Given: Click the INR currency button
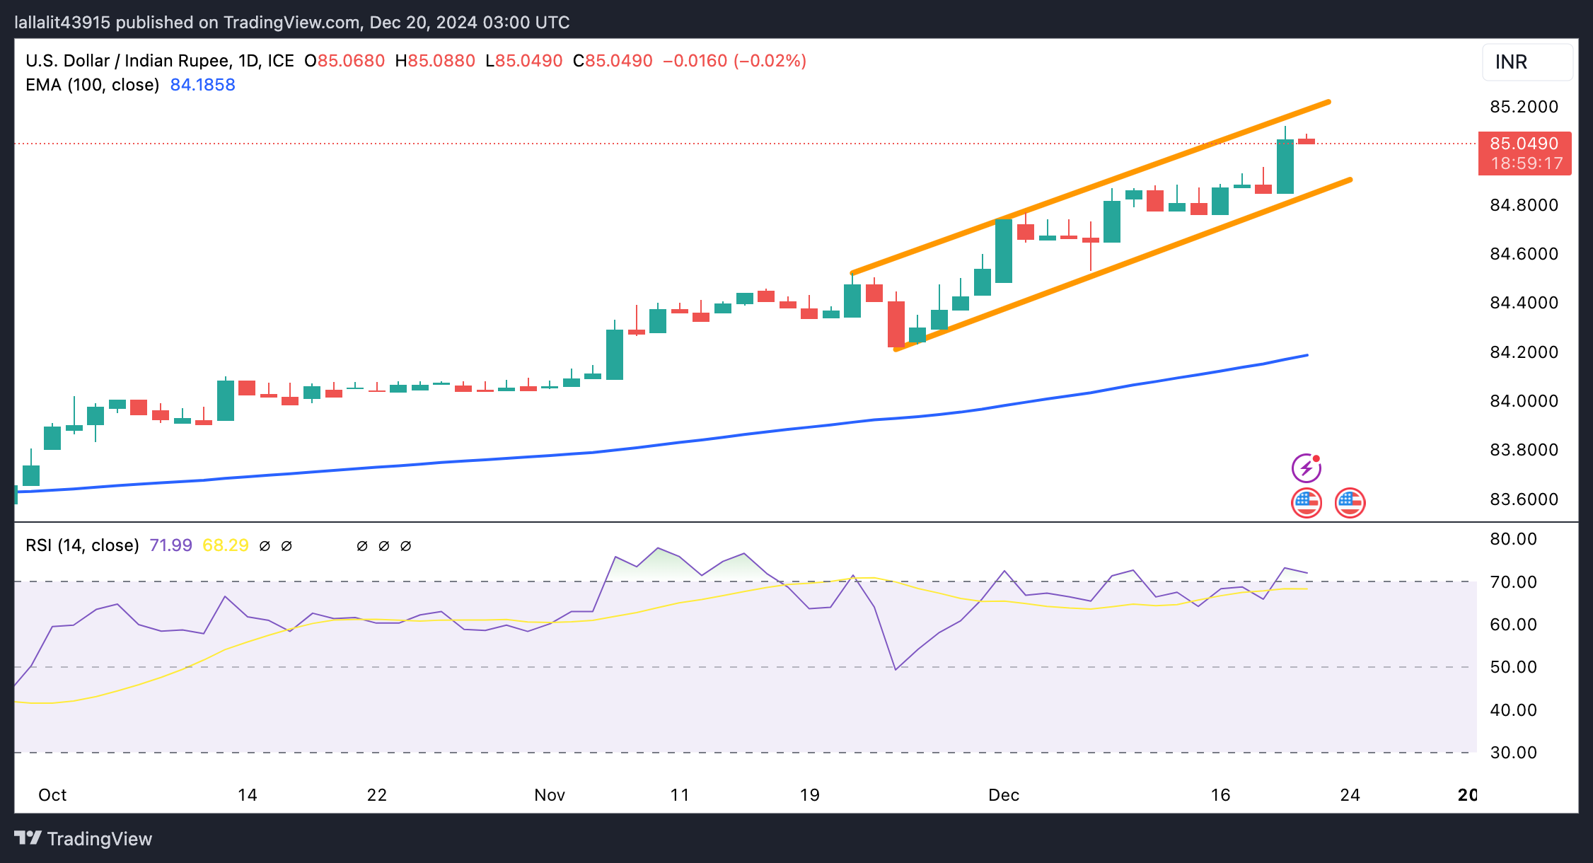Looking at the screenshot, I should point(1527,62).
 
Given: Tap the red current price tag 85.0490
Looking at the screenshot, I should point(1524,144).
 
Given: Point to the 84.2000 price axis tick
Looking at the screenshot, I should point(1524,352).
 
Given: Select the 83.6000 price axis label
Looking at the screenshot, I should point(1524,499).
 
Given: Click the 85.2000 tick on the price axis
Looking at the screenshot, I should point(1524,107).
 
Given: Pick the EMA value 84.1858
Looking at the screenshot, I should point(202,85).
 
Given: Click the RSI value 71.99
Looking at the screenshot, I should point(170,545).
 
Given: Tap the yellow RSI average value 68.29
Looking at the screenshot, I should point(225,545).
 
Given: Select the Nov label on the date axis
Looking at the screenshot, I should point(550,795).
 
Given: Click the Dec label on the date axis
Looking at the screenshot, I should point(1003,795).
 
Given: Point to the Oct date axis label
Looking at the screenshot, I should point(52,795).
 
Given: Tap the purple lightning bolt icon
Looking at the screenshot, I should point(1306,468).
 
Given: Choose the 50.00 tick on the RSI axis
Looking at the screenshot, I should point(1513,667).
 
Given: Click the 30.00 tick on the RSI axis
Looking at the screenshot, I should point(1513,753).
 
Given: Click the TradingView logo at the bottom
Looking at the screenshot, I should point(83,839).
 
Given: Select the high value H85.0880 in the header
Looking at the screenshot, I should point(435,61).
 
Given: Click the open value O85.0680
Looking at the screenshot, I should point(344,61).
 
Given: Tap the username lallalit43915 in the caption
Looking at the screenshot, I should point(62,23).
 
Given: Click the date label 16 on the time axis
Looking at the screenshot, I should point(1220,795).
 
